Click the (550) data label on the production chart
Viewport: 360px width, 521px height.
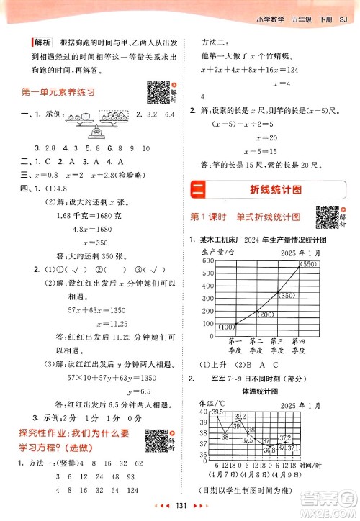[309, 265]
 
